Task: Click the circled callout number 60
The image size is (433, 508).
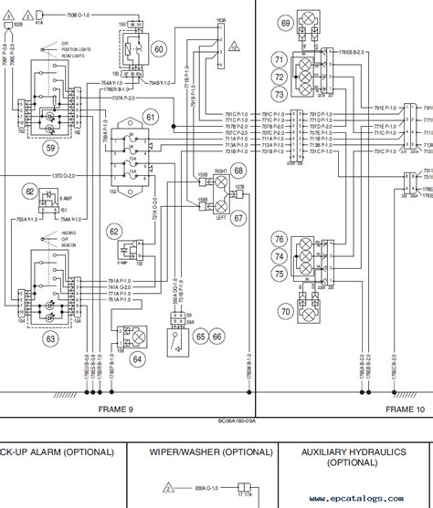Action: click(x=158, y=49)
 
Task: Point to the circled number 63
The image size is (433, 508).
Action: click(x=49, y=340)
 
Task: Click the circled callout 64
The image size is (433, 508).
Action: click(x=137, y=358)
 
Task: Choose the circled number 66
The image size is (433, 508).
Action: click(x=217, y=337)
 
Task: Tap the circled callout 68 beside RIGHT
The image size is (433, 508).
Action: click(x=238, y=171)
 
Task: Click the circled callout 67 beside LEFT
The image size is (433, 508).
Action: click(x=238, y=217)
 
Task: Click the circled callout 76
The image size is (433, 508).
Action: click(x=279, y=239)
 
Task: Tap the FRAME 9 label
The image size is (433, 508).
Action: click(x=116, y=410)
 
